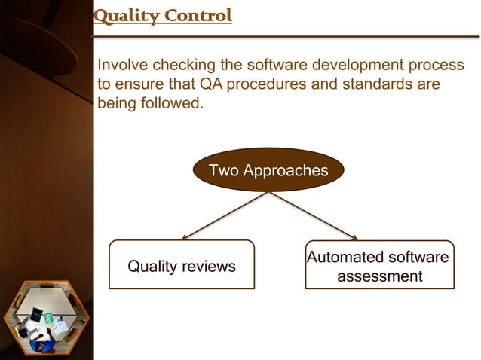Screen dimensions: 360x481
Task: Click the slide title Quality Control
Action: [x=162, y=15]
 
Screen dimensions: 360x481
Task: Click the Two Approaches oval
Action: [x=268, y=170]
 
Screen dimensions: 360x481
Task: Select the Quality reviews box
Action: [x=182, y=265]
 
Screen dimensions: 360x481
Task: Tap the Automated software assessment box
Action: [x=379, y=266]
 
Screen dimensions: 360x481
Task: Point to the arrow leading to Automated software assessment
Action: [x=313, y=215]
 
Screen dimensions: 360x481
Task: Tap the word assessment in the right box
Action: [x=379, y=276]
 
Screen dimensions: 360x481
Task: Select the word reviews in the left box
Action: [x=208, y=267]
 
